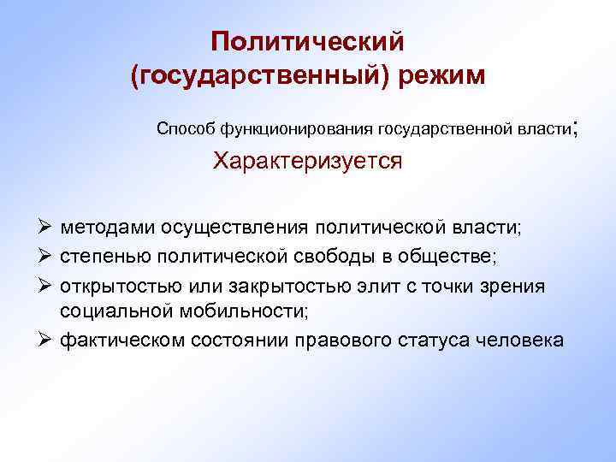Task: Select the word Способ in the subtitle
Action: (186, 129)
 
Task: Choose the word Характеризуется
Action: (307, 162)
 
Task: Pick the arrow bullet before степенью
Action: (49, 257)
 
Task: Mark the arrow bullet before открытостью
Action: (49, 285)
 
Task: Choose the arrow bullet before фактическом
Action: (49, 340)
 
